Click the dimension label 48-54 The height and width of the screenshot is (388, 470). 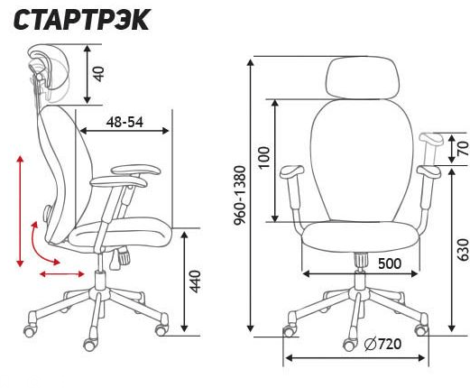click(x=124, y=123)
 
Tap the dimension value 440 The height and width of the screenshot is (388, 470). click(x=196, y=281)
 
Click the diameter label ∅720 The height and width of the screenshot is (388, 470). click(x=382, y=344)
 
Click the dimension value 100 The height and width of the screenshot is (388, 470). click(x=263, y=158)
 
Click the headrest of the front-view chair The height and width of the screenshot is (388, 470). click(x=363, y=77)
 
